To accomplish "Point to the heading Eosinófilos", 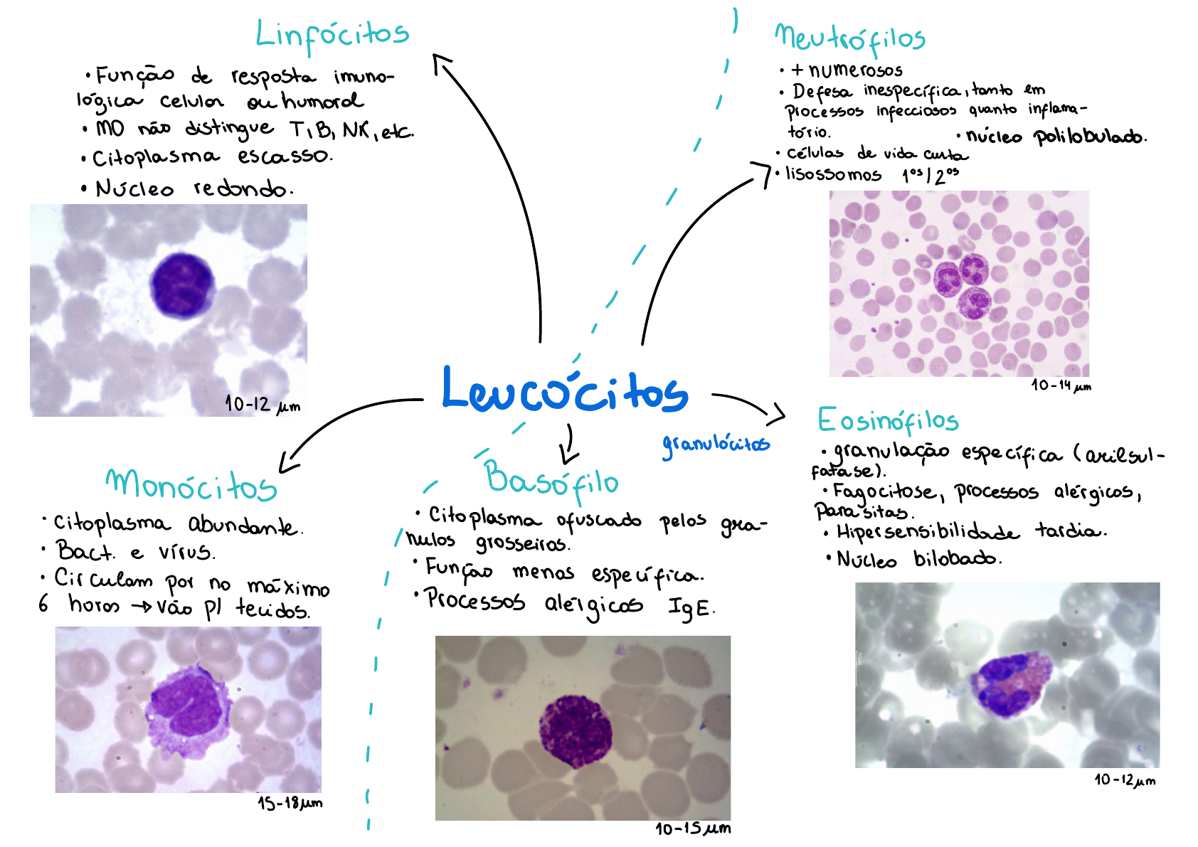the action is (x=888, y=421).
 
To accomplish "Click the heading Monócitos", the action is (x=191, y=485).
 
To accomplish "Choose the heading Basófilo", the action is (x=551, y=479).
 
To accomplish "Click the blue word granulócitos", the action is (x=715, y=444).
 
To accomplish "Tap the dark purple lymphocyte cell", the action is (x=182, y=285).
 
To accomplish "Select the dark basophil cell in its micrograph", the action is (x=576, y=732).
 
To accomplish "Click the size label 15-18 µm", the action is (x=290, y=804).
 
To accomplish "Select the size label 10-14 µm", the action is (x=1061, y=386).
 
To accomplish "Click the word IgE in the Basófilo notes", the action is (x=690, y=607).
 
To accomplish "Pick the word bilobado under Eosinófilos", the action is (x=956, y=559).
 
